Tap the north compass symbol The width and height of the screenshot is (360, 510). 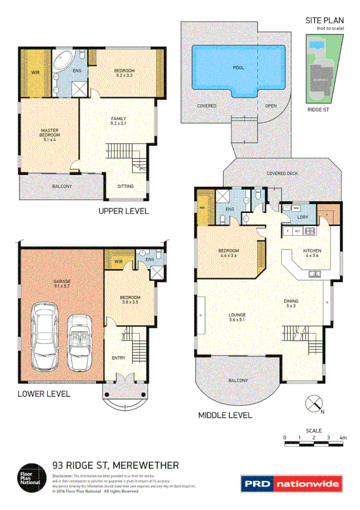314,404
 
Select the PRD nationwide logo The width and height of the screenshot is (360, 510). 291,483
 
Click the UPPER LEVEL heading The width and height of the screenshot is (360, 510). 123,211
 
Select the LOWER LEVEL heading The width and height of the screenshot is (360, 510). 43,394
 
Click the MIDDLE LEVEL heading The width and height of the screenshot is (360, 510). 225,415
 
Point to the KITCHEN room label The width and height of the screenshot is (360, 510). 311,251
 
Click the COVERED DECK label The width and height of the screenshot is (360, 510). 282,174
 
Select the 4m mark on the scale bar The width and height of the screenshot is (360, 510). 343,437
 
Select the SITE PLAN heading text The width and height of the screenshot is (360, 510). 325,20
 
